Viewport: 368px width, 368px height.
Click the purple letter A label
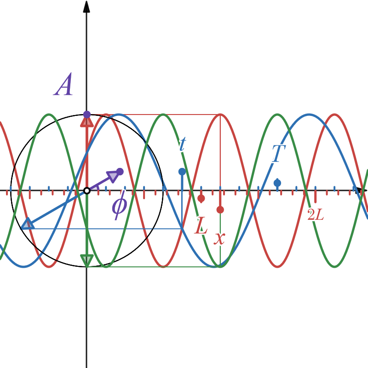click(x=63, y=85)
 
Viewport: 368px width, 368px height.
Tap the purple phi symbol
click(x=119, y=205)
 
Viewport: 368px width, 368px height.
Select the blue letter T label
click(x=276, y=154)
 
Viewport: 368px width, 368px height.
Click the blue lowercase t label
click(x=182, y=144)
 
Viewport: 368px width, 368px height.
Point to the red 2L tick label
click(x=316, y=214)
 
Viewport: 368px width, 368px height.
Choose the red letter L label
click(x=201, y=226)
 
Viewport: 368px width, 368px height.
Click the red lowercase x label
click(x=220, y=238)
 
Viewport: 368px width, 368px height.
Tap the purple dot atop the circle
click(x=86, y=114)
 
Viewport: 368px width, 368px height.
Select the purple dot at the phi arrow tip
click(x=120, y=172)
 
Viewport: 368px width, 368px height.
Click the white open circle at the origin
click(x=86, y=190)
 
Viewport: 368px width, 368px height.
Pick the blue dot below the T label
click(x=277, y=183)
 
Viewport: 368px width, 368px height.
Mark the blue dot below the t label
click(x=182, y=172)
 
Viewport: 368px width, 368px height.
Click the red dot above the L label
click(x=201, y=198)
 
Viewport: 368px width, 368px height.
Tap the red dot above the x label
click(x=220, y=210)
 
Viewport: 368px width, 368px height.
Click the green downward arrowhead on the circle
click(x=86, y=260)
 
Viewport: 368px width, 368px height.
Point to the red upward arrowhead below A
click(x=86, y=121)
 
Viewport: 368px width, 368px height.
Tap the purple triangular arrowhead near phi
click(x=112, y=176)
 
